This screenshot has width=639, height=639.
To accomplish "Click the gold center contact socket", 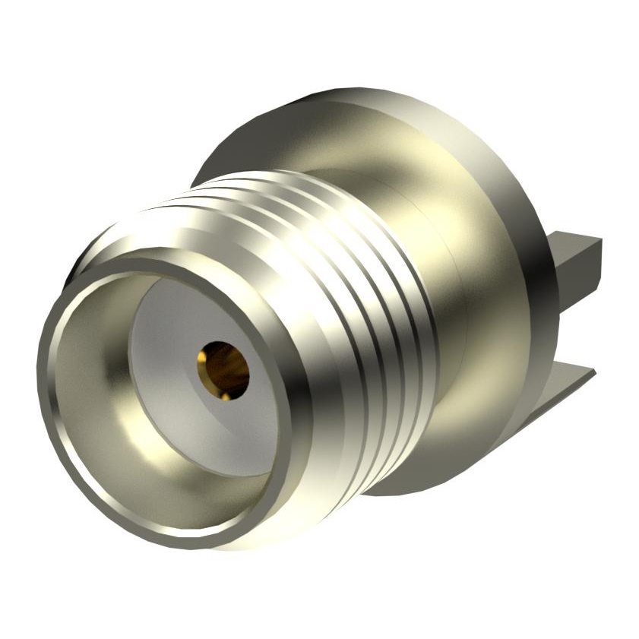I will tap(223, 369).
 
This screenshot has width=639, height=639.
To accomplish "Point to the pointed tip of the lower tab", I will tap(593, 372).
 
